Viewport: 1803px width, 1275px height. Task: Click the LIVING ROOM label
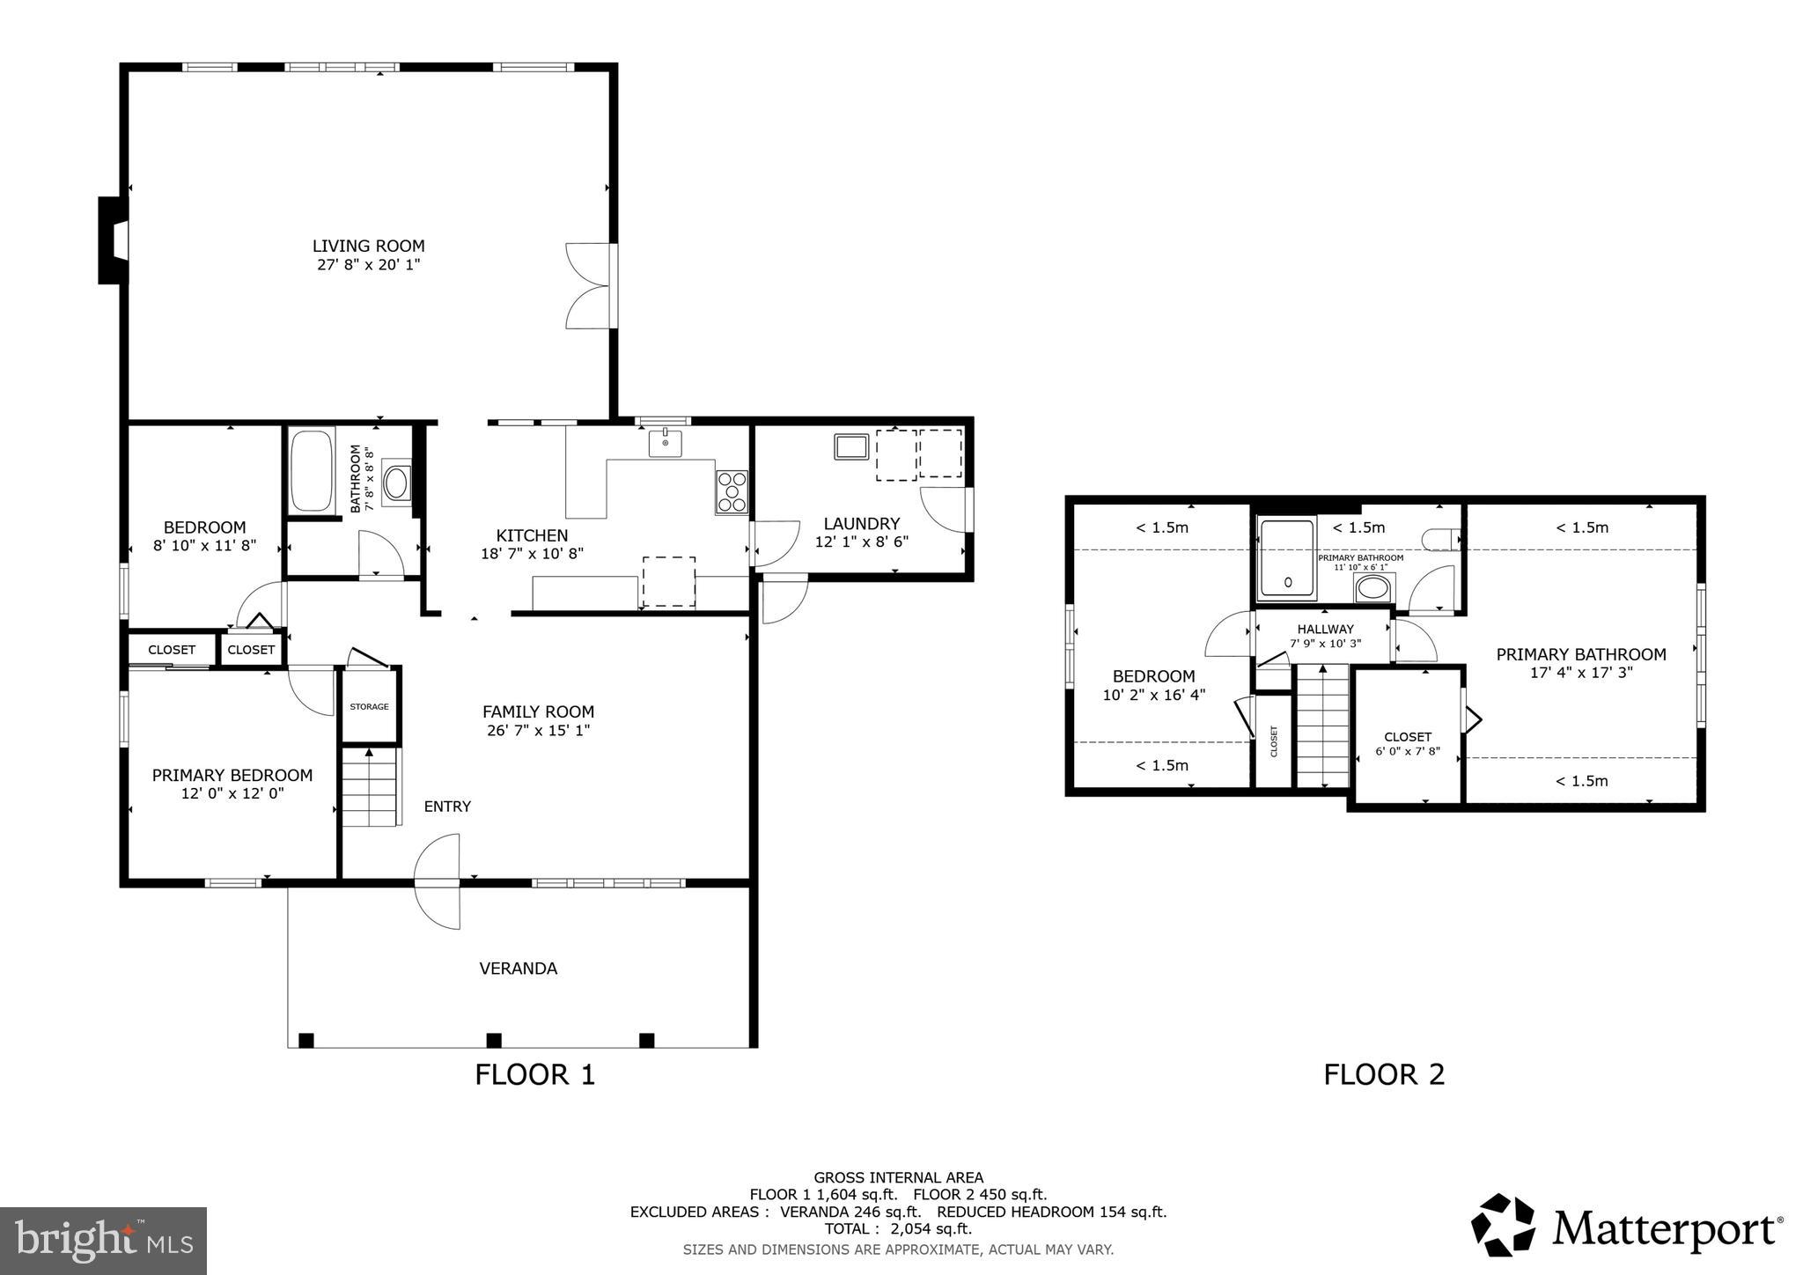(368, 246)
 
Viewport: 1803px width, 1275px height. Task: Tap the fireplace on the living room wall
(114, 240)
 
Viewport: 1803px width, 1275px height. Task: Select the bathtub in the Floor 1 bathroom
(312, 469)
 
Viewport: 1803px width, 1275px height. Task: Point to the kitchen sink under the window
(666, 443)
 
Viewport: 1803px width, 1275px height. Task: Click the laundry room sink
(851, 446)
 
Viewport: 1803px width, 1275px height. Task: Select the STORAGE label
(369, 706)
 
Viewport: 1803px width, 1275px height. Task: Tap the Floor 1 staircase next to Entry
(370, 786)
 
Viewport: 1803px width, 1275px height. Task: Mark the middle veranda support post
(494, 1040)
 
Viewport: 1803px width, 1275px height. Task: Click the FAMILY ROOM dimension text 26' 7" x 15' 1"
(538, 731)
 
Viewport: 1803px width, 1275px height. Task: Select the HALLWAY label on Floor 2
(1325, 629)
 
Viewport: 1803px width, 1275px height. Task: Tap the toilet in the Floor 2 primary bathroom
(1440, 539)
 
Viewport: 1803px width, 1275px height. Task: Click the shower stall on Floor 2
(1286, 558)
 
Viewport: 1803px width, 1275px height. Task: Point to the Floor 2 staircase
(1321, 726)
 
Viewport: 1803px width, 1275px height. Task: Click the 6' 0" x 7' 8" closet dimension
(1407, 751)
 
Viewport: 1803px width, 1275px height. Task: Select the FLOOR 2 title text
(1384, 1074)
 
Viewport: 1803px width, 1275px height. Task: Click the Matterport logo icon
(1503, 1225)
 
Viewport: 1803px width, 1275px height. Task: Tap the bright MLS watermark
(103, 1241)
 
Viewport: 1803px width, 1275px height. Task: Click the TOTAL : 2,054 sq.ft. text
(898, 1228)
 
